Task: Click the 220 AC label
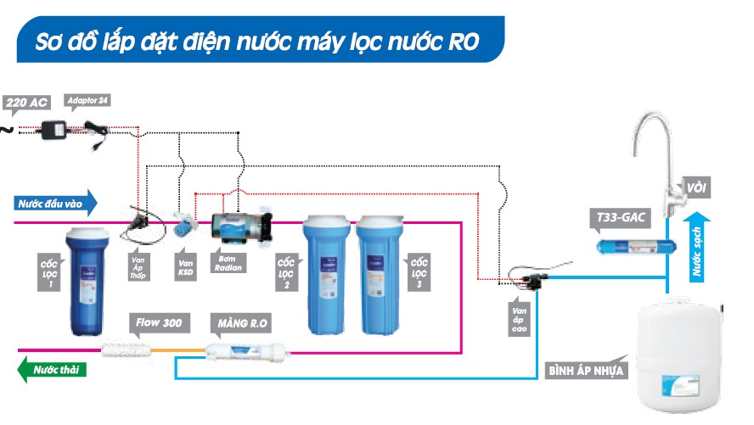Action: (x=27, y=103)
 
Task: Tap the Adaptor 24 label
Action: (x=88, y=100)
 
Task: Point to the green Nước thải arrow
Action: (x=53, y=370)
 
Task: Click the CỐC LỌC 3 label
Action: (x=419, y=271)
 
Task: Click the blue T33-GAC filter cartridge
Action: (x=633, y=247)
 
